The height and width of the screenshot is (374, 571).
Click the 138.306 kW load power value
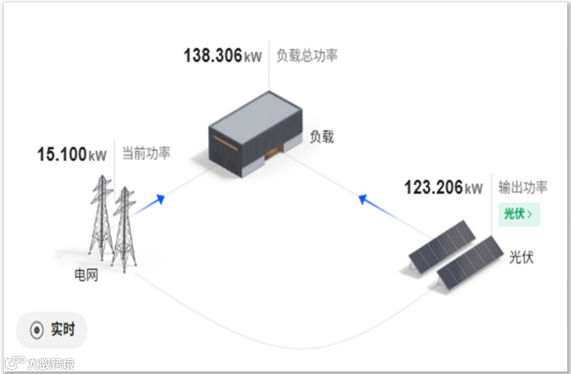(223, 56)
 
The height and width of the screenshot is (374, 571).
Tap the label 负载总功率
(307, 56)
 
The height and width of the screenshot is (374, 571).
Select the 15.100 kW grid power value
(72, 154)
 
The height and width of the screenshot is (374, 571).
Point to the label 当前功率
(146, 154)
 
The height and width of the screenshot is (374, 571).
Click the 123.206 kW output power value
(444, 187)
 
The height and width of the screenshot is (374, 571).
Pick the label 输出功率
(522, 187)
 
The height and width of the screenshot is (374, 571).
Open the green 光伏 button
(518, 214)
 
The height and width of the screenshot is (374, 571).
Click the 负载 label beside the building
(321, 137)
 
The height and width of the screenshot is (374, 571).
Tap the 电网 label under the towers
(86, 276)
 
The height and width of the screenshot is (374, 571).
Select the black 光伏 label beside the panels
(521, 257)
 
